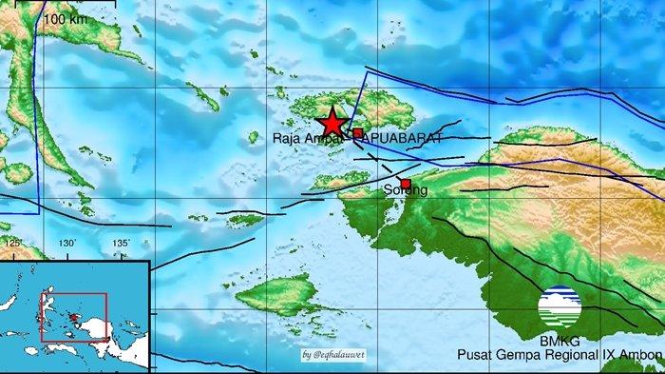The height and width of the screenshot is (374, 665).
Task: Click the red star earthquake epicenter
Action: [x=332, y=123]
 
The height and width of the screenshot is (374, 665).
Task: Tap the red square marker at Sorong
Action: [x=406, y=184]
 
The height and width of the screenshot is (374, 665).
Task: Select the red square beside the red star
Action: [x=358, y=133]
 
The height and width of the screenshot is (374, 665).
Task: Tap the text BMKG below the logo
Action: [x=559, y=341]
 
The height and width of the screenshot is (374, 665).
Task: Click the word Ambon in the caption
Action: [x=639, y=355]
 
